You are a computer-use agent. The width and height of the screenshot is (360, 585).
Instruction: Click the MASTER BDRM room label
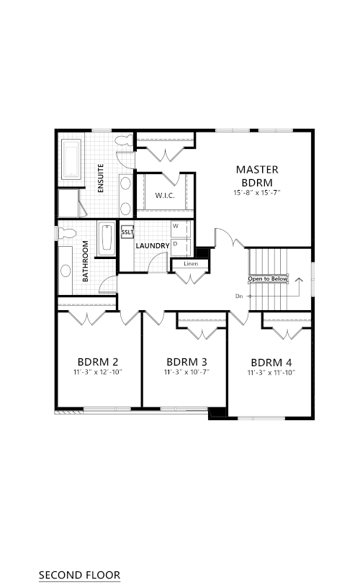point(257,176)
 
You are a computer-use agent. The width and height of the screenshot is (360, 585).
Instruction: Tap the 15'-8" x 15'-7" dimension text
point(257,193)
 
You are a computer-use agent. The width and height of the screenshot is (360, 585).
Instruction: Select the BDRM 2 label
point(98,362)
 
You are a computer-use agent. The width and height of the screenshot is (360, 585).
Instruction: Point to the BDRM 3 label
point(186,362)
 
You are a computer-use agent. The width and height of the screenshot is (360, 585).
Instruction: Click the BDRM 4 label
point(271,363)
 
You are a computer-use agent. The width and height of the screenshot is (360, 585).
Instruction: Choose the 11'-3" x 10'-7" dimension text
point(186,372)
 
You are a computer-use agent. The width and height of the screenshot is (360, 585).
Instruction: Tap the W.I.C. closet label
point(165,196)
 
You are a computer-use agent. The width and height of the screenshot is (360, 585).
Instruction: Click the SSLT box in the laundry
point(127,232)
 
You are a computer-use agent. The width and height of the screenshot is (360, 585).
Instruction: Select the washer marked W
point(181,229)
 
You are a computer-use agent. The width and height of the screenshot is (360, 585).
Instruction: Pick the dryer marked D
point(181,248)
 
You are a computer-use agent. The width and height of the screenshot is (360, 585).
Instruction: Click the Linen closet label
point(191,264)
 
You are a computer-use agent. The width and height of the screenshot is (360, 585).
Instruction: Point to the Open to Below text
point(268,278)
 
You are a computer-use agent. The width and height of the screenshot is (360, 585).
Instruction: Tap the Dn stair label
point(239,296)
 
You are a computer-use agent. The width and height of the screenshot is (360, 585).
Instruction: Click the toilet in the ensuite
point(125,140)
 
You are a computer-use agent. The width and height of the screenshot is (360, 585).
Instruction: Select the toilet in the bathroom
point(67,233)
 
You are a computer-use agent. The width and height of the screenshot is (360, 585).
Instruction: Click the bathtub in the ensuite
point(71,159)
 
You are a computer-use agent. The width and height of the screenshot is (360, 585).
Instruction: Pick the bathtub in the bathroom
point(107,238)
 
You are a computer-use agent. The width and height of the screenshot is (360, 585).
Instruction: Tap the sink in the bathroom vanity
point(66,271)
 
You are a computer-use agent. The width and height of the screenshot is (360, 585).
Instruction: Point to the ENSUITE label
point(101,178)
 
